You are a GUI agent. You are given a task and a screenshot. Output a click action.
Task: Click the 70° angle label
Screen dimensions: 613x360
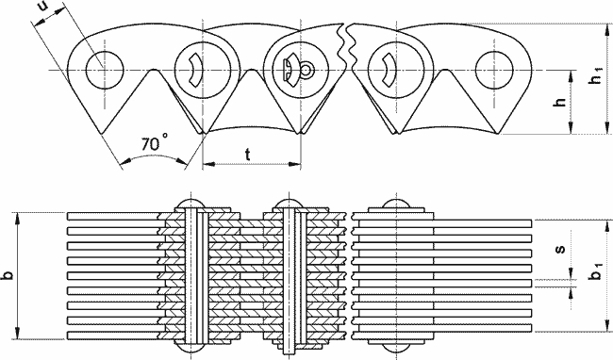point(155,142)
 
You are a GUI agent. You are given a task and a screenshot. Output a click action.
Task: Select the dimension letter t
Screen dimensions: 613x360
point(248,155)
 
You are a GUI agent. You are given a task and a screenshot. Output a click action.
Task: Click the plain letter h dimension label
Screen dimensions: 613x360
point(560,103)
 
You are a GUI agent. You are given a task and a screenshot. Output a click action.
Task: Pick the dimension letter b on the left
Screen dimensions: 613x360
point(7,275)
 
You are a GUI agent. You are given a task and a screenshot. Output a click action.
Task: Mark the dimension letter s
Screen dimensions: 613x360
point(560,249)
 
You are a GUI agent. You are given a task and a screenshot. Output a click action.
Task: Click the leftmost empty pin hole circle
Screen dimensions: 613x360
point(105,71)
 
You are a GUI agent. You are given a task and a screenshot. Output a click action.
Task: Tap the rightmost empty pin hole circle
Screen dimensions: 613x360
point(494,71)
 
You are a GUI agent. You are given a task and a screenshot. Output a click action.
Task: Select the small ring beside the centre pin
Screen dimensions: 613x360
point(307,71)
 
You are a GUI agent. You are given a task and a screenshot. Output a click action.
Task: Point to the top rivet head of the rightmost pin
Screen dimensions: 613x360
point(396,204)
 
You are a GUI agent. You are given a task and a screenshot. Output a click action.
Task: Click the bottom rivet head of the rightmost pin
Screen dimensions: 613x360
point(396,349)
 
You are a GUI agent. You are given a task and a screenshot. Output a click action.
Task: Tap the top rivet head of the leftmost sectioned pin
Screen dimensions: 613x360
point(191,204)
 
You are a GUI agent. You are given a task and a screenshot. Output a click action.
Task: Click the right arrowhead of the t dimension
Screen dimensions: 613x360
point(295,164)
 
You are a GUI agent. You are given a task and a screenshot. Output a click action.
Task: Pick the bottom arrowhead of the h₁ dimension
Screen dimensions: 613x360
point(607,128)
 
